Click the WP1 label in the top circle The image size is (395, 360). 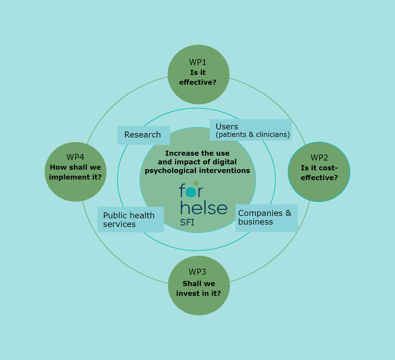click(197, 62)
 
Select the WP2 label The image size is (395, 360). click(319, 157)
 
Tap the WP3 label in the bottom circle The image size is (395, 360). click(197, 272)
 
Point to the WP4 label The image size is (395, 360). click(75, 157)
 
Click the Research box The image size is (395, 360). click(144, 135)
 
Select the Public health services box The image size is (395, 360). click(130, 220)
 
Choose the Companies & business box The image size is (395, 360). click(267, 218)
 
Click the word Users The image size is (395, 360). click(227, 127)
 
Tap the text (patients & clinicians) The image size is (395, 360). click(253, 135)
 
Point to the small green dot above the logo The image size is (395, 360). click(196, 183)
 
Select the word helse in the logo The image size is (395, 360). click(204, 208)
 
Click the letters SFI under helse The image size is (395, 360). click(187, 223)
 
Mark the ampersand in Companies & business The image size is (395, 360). click(288, 213)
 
